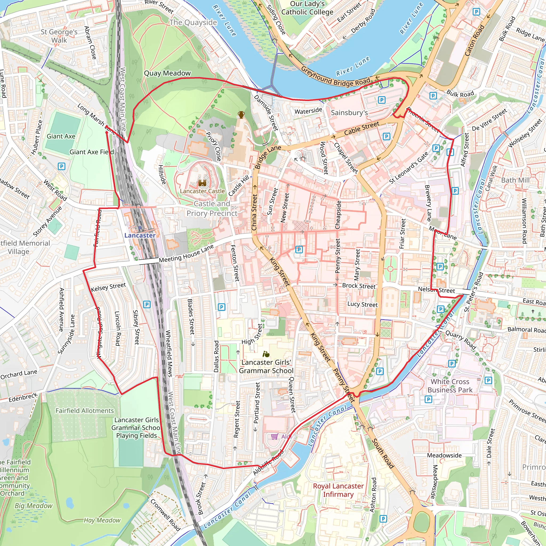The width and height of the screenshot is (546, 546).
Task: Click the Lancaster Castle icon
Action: [x=202, y=183]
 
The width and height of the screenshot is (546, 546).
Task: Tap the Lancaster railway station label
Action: [x=140, y=235]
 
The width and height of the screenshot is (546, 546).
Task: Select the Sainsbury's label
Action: [x=349, y=113]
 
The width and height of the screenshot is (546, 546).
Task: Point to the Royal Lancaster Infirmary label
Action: [x=338, y=490]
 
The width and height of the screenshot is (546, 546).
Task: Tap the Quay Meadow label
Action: [x=167, y=73]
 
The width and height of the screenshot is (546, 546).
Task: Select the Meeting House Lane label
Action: [x=186, y=254]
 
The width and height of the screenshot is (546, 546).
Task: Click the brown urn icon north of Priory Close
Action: [x=241, y=115]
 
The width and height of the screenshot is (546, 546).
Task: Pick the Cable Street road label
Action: [x=362, y=128]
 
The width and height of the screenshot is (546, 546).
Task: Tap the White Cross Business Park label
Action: [x=450, y=386]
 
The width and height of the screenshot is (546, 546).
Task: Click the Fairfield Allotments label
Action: [x=85, y=411]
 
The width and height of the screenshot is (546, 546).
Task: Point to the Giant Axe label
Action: [x=61, y=136]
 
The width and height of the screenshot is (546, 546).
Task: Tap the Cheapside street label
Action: [x=338, y=215]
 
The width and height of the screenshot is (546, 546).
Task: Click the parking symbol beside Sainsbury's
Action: [x=382, y=100]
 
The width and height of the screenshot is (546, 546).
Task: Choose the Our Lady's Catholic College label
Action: [x=307, y=8]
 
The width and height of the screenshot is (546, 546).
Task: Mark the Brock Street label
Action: [x=359, y=286]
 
